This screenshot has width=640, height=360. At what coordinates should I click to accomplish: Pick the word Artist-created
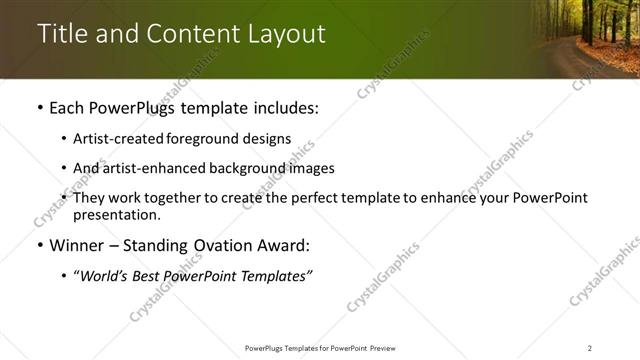116,139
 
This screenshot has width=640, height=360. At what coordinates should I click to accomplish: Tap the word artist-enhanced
150,168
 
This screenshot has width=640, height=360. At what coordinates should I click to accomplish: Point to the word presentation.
116,215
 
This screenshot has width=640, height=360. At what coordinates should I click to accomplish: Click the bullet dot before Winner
39,246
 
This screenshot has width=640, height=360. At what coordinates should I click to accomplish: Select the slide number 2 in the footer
589,347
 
